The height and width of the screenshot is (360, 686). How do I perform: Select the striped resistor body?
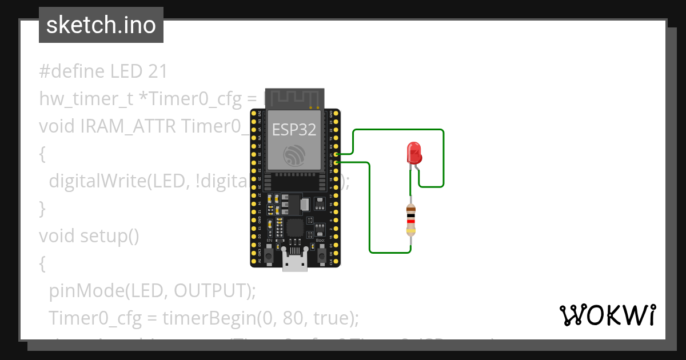[x=410, y=220]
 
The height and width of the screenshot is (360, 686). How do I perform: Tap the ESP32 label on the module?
[x=294, y=130]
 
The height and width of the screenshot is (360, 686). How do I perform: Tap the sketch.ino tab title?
[x=101, y=25]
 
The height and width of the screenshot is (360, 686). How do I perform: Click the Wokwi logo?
[x=607, y=315]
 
